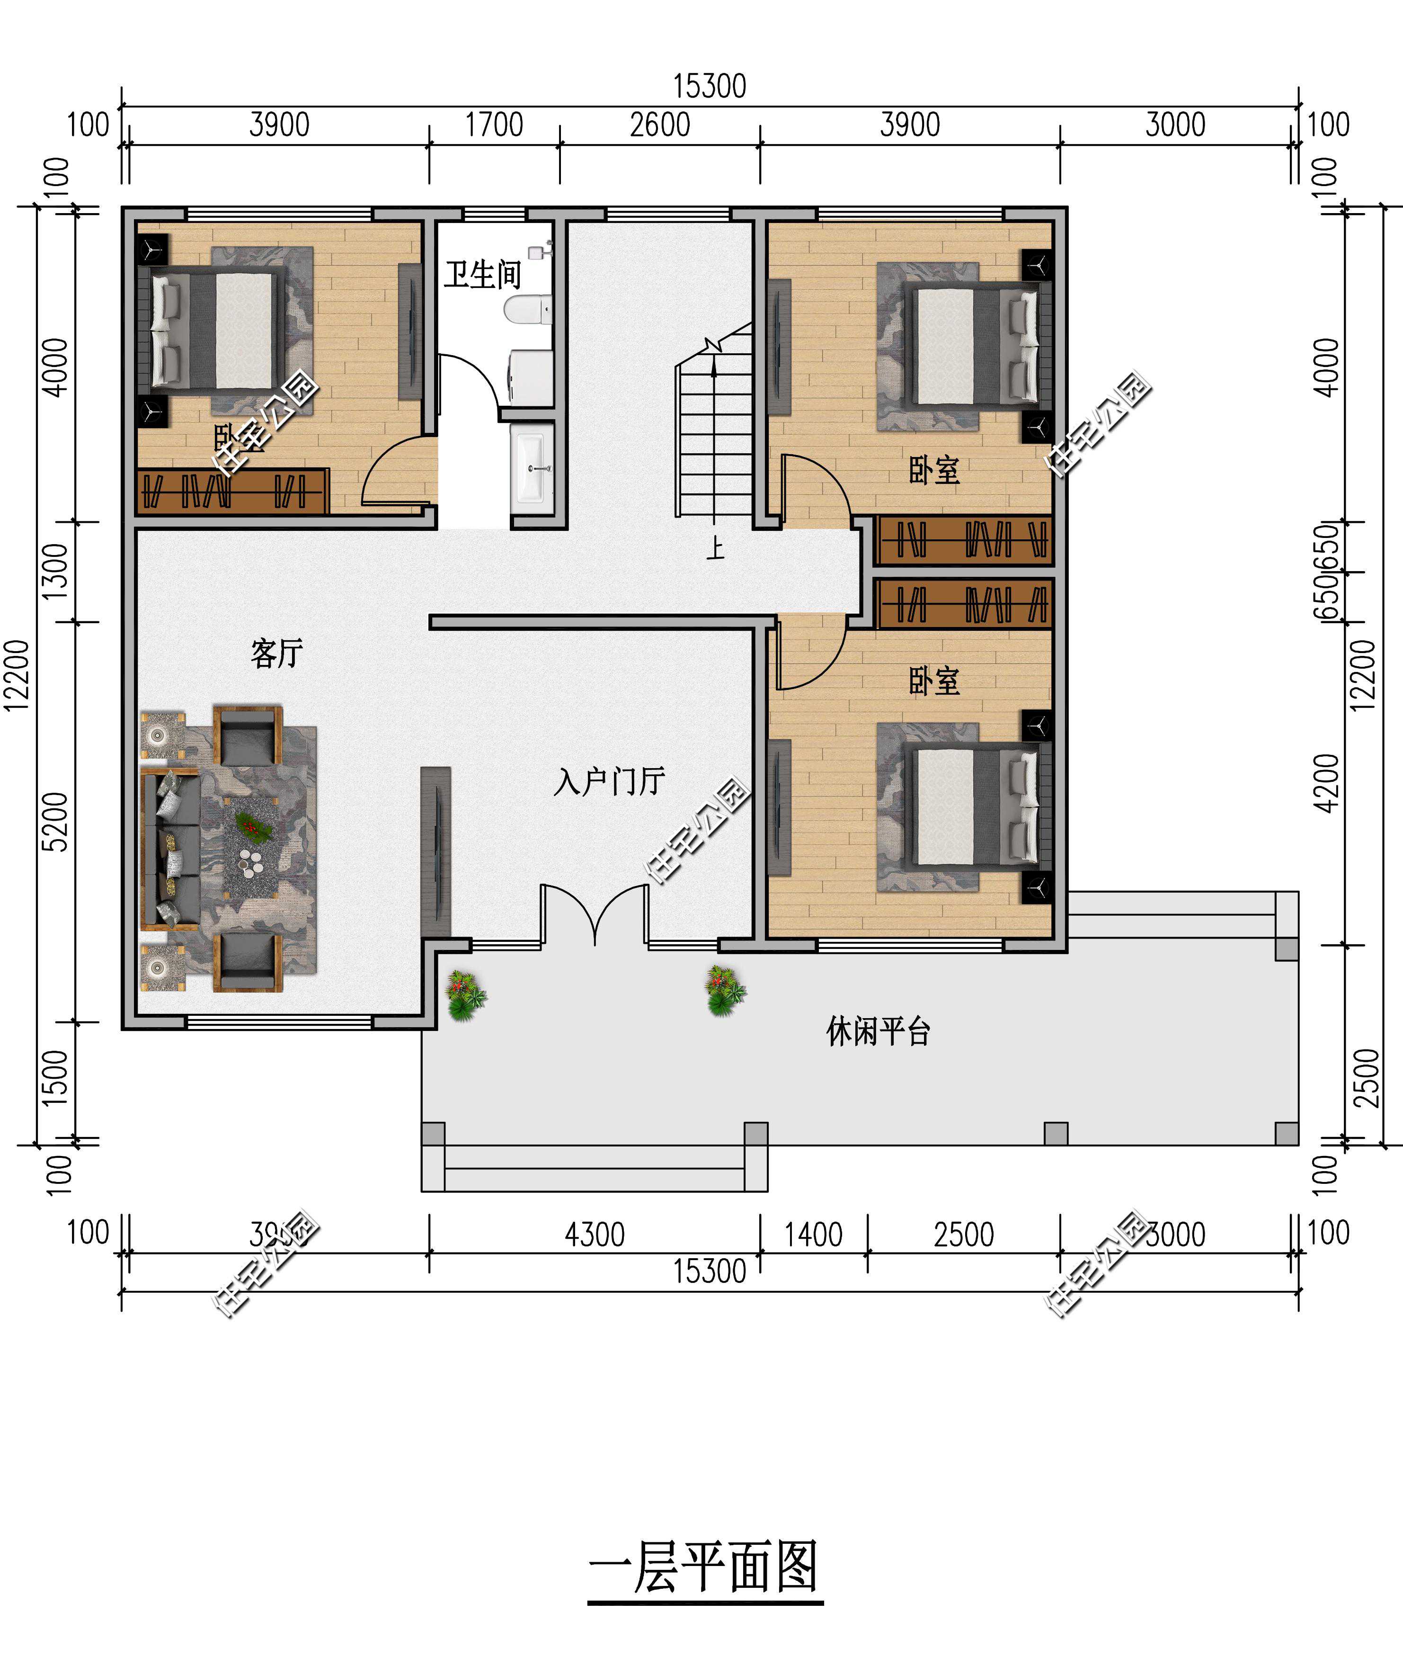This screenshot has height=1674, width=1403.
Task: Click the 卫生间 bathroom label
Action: click(482, 275)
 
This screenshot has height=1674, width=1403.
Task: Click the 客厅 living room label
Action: click(276, 653)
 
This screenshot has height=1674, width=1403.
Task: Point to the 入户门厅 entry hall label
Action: click(610, 781)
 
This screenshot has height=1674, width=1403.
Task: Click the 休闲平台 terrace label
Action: click(878, 1031)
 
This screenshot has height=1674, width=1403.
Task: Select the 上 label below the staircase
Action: click(715, 548)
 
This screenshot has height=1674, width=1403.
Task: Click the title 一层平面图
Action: click(704, 1567)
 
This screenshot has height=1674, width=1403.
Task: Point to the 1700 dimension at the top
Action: click(494, 125)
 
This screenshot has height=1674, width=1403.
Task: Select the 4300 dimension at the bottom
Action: click(595, 1235)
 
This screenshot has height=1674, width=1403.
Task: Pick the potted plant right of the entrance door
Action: click(724, 991)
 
